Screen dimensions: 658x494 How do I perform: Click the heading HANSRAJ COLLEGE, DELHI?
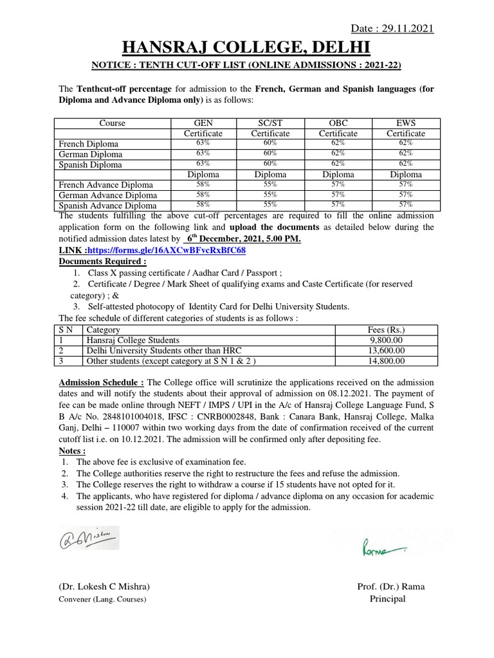[x=246, y=48]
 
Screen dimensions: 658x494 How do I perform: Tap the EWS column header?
[x=406, y=123]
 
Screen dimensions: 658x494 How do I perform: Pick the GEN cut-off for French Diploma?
[x=203, y=143]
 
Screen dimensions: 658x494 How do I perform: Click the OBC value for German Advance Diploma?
[x=338, y=195]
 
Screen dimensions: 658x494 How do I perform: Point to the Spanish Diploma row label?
[x=90, y=164]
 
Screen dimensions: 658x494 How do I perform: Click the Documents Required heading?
[x=103, y=261]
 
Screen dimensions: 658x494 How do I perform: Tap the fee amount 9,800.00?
[x=386, y=340]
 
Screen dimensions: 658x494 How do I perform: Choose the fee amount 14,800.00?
[x=386, y=361]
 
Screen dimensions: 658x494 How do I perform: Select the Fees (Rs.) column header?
[x=386, y=330]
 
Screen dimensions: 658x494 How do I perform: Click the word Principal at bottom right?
[x=387, y=599]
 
